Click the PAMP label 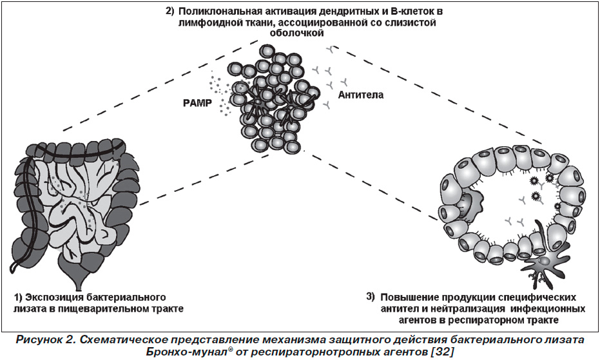tap(197, 104)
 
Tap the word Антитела tap(360, 95)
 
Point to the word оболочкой tap(297, 33)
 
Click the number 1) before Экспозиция tap(19, 298)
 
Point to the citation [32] tap(442, 351)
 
